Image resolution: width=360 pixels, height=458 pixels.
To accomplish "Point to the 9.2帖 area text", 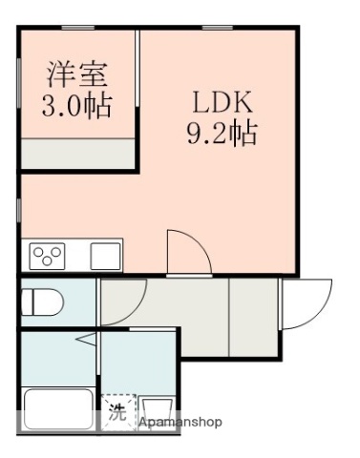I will click(x=221, y=134).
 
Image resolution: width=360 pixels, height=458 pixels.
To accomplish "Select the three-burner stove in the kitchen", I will click(x=47, y=256).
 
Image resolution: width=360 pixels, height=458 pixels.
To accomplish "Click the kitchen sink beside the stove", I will click(x=105, y=256).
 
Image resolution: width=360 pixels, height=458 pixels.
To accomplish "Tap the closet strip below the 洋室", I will click(x=78, y=153).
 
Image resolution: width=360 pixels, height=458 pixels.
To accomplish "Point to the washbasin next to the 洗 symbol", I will click(x=154, y=411).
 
